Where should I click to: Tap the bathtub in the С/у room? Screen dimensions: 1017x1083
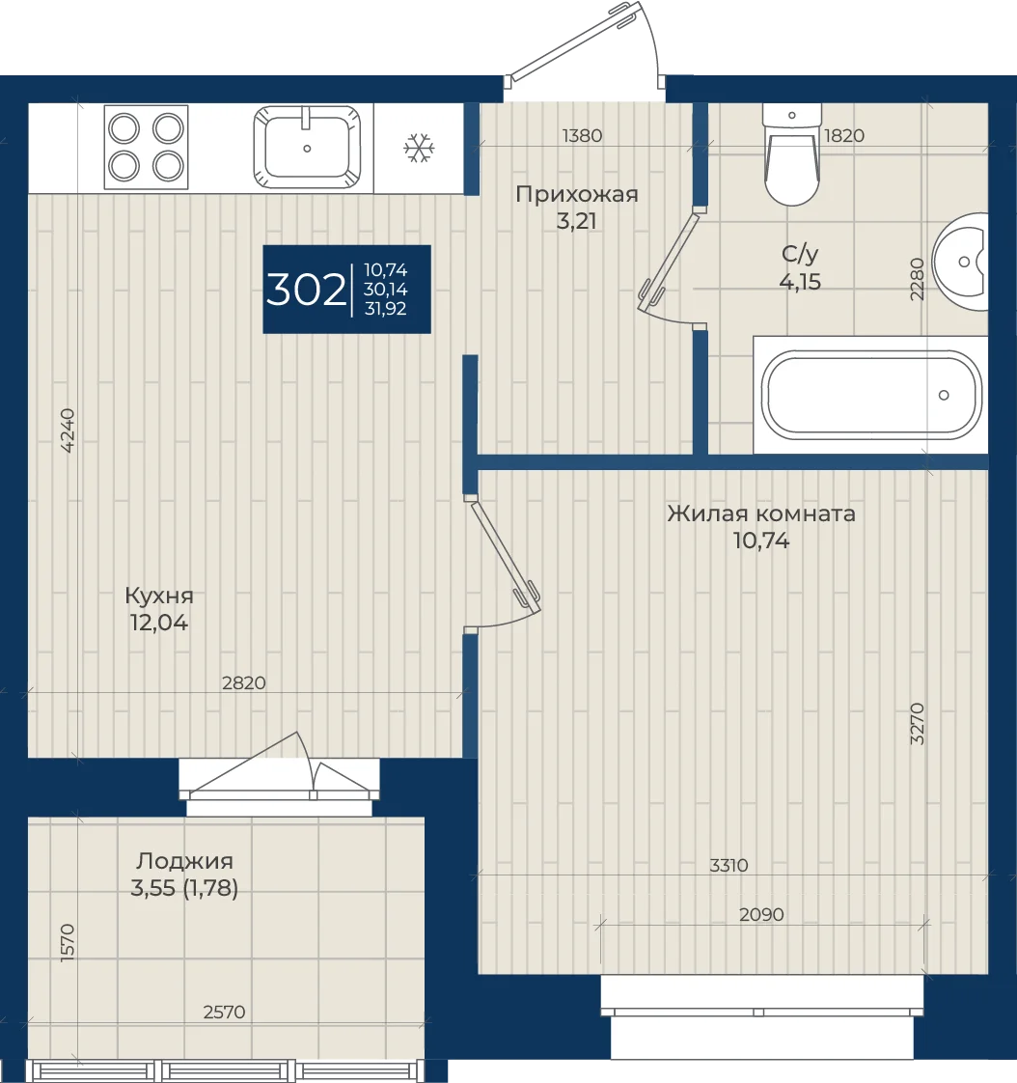coord(871,395)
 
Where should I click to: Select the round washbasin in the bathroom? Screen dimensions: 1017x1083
coord(960,262)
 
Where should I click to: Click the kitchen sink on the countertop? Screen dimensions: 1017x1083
coord(307,147)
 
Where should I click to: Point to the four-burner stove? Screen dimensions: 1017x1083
coord(146,147)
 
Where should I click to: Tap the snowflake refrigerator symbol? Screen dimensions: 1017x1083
coord(419,148)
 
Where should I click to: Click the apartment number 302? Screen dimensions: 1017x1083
coord(306,291)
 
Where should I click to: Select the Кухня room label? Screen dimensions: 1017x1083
coord(159,596)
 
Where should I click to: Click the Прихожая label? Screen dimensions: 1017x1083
coord(576,194)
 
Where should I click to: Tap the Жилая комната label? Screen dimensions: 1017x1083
coord(761,514)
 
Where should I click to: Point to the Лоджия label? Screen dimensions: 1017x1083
coord(184,861)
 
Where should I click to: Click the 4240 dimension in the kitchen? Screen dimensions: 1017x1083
coord(68,430)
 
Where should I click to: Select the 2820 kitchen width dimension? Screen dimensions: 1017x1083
coord(244,682)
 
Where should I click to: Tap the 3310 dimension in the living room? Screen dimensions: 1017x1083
coord(729,865)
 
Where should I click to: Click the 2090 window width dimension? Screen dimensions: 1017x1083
coord(761,914)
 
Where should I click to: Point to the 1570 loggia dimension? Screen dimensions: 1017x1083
coord(68,943)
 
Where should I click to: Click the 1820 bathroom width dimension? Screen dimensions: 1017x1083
coord(843,135)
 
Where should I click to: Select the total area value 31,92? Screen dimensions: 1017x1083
coord(385,309)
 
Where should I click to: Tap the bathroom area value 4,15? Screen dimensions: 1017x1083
coord(800,282)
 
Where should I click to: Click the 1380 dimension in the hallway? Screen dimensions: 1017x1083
coord(582,135)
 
